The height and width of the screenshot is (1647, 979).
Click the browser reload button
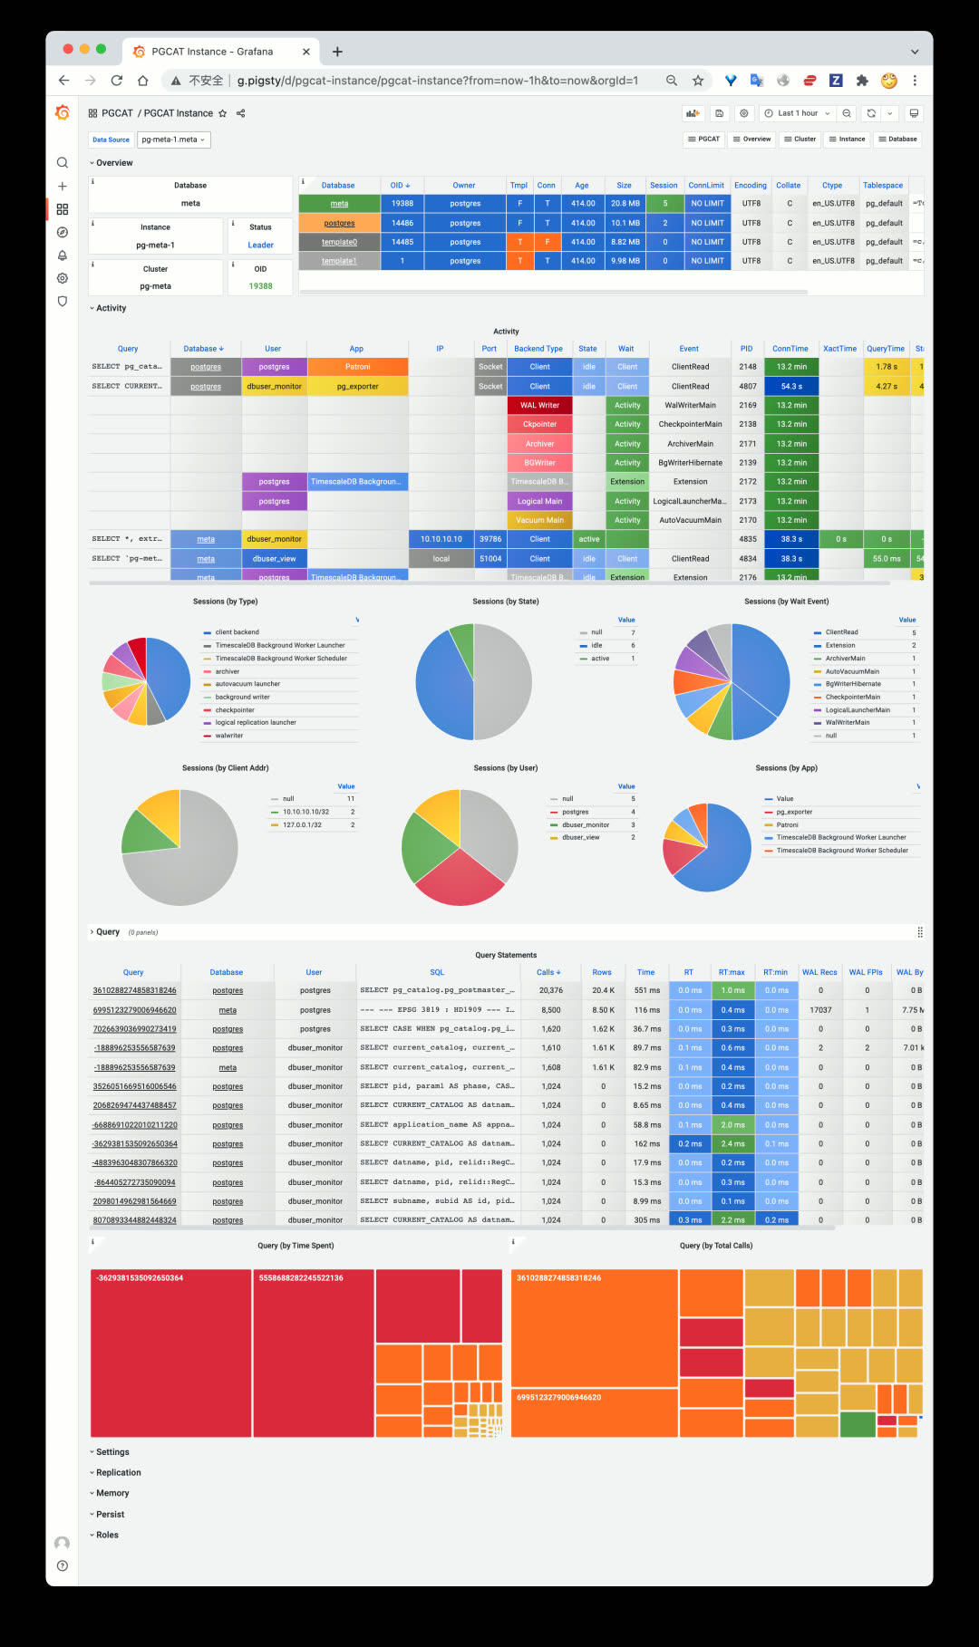tap(117, 81)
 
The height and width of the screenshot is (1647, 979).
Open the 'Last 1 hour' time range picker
tap(798, 113)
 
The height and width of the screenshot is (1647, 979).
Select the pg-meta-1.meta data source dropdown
tap(174, 140)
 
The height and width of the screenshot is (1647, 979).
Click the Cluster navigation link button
tap(800, 140)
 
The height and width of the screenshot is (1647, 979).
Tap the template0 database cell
tap(339, 242)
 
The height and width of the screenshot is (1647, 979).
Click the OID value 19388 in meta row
tap(402, 204)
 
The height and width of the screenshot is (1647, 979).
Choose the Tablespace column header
tap(882, 185)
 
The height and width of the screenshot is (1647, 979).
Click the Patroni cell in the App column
tap(357, 367)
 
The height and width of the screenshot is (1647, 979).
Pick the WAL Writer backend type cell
tap(539, 405)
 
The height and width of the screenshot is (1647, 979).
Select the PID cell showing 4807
tap(747, 386)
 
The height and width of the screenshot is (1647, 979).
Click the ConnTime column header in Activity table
tap(790, 349)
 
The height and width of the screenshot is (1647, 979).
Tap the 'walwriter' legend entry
tap(229, 736)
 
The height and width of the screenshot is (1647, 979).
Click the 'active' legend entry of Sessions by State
tap(600, 659)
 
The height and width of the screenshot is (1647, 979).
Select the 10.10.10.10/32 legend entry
tap(305, 812)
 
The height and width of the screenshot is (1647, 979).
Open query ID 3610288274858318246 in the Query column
tap(134, 990)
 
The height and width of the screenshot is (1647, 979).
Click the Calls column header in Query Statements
tap(548, 972)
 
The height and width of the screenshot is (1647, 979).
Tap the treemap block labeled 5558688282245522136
tap(313, 1350)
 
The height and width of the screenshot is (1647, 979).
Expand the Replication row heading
tap(119, 1472)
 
